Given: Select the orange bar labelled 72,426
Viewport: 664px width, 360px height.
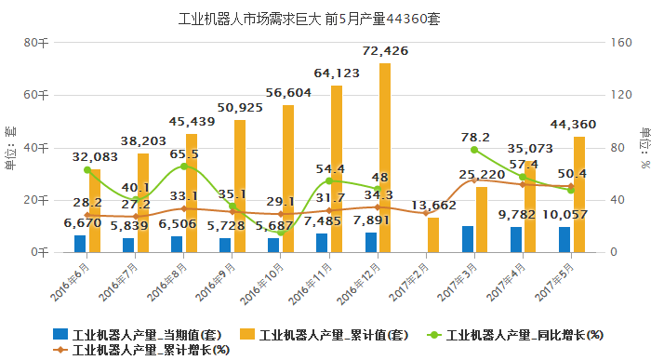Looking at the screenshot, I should coord(385,157).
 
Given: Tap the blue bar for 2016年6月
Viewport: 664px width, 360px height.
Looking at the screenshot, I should coord(80,243).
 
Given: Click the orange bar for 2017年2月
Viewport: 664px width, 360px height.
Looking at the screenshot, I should coord(433,234).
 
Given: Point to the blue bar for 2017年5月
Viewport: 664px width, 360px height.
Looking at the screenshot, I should coord(564,239).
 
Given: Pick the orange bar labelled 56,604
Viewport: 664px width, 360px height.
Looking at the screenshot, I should coord(288,178).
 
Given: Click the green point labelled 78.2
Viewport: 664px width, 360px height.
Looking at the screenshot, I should coord(474,150).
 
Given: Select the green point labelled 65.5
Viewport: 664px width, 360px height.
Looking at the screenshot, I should coord(184,167).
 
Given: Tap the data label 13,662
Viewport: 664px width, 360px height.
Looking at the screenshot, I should coord(433,206).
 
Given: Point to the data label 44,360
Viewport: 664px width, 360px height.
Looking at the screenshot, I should coord(574,124).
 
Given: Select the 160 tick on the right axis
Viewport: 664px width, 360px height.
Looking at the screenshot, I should coord(621,43).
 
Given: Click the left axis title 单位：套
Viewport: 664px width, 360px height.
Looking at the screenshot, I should coord(9,147).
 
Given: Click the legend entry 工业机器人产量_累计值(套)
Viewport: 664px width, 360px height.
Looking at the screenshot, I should coord(325,334).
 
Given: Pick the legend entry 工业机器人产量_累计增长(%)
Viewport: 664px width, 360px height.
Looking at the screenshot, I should coord(140,350).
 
